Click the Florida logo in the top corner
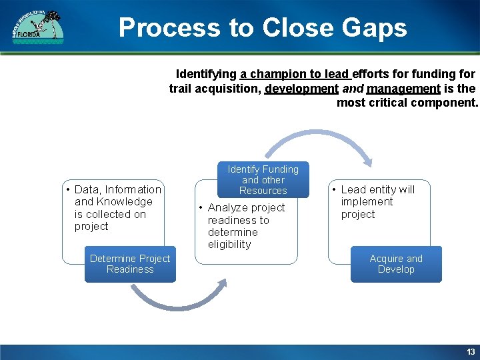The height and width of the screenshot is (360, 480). tap(38, 27)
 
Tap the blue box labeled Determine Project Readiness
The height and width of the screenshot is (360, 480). tap(130, 264)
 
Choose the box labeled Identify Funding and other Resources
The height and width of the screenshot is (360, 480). tap(263, 180)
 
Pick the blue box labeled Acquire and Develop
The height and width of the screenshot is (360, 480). tap(396, 264)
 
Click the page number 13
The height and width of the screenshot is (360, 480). tap(471, 351)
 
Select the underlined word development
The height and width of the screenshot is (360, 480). tap(301, 89)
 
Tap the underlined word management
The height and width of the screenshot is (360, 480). tap(403, 89)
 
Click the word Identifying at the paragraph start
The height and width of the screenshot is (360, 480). tap(206, 74)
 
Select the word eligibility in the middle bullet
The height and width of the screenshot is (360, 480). tap(229, 245)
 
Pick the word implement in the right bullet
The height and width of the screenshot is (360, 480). tap(367, 202)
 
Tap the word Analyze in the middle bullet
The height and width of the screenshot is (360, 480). tap(227, 208)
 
